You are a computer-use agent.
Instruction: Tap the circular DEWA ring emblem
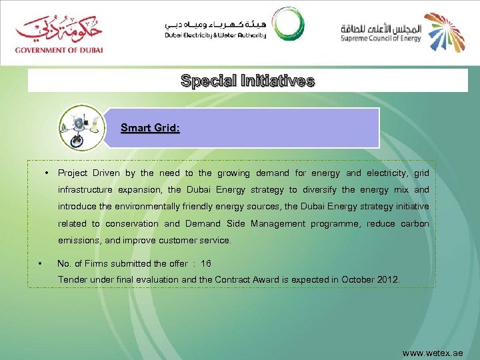(287, 24)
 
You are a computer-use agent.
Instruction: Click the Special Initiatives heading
(247, 81)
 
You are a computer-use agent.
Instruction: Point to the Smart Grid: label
(150, 127)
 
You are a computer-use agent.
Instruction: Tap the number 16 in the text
(205, 263)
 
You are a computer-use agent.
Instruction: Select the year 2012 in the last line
(387, 279)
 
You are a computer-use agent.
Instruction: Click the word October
(357, 279)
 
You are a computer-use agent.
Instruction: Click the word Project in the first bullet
(73, 173)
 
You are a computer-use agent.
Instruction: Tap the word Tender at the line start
(73, 279)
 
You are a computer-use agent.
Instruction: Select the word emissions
(79, 240)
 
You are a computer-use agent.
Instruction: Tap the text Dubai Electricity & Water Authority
(215, 35)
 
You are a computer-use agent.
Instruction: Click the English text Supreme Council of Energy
(381, 38)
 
